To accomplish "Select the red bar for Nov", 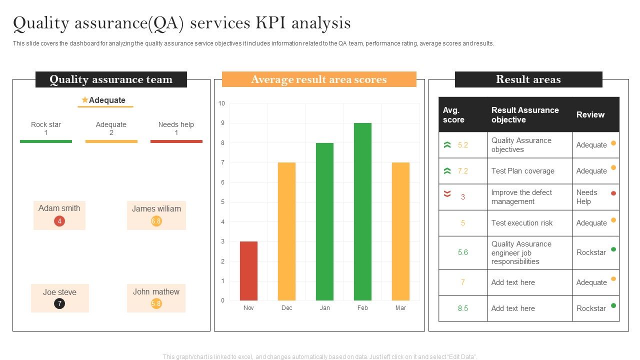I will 248,271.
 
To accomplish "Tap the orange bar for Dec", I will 286,231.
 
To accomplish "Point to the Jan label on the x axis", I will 324,308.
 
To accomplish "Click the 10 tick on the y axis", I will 221,103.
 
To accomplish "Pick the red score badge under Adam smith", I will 59,221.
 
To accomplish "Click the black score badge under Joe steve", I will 59,303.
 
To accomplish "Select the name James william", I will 156,209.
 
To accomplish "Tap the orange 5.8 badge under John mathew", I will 156,303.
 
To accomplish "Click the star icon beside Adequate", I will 85,100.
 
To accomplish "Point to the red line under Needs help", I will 176,141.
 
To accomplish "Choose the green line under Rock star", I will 46,141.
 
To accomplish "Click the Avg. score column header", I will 453,115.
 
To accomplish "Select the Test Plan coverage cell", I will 523,171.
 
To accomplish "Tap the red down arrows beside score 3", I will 447,194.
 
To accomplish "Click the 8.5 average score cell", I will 462,308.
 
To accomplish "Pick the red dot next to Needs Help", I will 613,193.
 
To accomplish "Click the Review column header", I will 590,115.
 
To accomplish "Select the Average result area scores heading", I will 319,79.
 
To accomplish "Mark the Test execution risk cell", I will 522,223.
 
